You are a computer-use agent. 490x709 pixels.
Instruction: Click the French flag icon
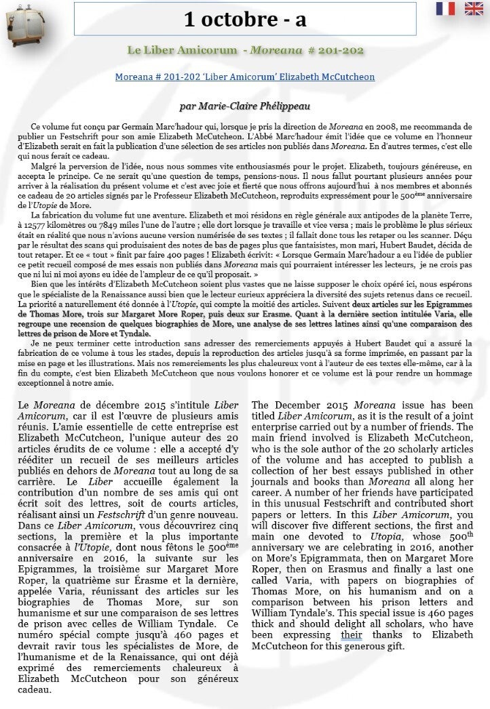click(x=445, y=8)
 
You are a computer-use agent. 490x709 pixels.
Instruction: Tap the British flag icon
click(x=473, y=8)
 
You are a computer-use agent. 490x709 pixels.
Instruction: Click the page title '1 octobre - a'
click(x=245, y=20)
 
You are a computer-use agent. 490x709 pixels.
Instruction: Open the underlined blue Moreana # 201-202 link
click(x=245, y=77)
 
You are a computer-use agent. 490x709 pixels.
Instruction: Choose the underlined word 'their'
click(x=352, y=635)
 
